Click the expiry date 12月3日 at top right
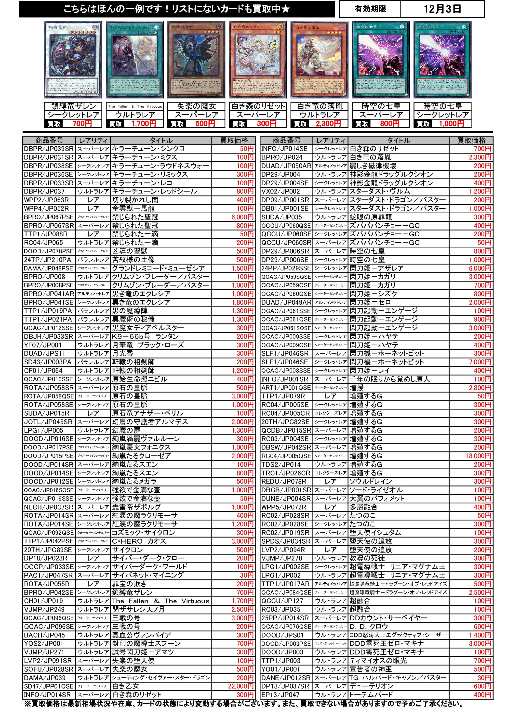coord(442,9)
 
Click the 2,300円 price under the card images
coord(328,124)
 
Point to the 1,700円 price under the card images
coord(144,124)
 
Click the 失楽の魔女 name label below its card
coord(196,106)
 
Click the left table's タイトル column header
coord(161,141)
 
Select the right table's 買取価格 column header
coord(471,141)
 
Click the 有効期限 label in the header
coord(370,9)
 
